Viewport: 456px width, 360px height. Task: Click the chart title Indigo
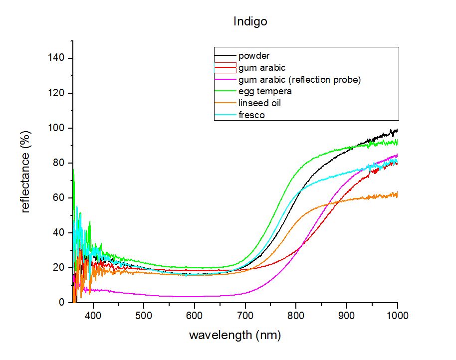point(250,21)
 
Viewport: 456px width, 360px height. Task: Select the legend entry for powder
point(254,55)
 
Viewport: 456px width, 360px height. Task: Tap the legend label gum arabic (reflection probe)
point(299,80)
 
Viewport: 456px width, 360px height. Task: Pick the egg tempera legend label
point(265,92)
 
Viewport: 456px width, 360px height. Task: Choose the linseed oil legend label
point(259,103)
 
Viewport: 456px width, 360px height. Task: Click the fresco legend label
point(251,115)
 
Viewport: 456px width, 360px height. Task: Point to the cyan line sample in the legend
point(226,115)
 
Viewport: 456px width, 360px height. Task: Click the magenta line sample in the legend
point(226,79)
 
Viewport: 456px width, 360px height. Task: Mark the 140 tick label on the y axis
point(56,58)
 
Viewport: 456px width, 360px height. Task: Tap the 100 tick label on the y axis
point(56,128)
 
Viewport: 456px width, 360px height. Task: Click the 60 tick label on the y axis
point(58,197)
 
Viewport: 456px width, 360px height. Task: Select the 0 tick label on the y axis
point(61,303)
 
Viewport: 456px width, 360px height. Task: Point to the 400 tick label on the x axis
point(93,316)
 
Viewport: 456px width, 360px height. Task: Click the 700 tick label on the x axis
point(245,316)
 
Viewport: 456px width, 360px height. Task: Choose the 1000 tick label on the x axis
point(397,316)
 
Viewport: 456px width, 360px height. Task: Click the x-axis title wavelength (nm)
point(235,335)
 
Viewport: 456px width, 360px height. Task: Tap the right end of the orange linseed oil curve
point(397,194)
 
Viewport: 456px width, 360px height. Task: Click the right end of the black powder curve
point(397,131)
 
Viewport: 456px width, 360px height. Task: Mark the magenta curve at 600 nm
point(194,297)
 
